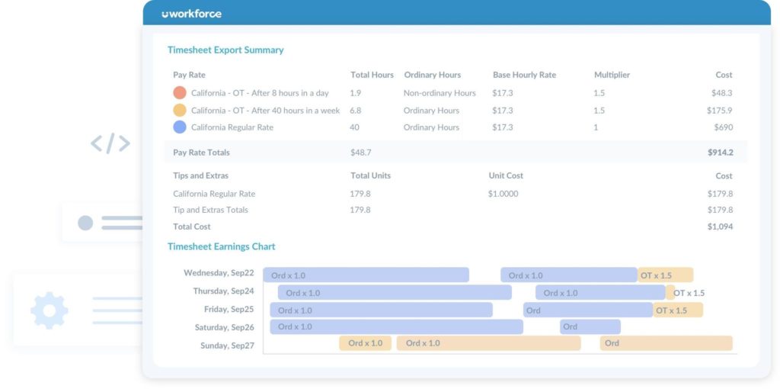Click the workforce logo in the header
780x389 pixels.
tap(191, 14)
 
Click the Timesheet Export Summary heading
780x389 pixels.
tap(225, 50)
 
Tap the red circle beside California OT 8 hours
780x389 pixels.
tap(180, 93)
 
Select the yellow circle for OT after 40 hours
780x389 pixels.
tap(180, 111)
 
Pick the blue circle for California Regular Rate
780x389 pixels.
tap(180, 127)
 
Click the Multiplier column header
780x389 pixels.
tap(612, 76)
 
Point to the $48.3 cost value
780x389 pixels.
tap(721, 93)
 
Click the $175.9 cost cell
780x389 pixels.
tap(719, 111)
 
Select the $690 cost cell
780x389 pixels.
tap(722, 127)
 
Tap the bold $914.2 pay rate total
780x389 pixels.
tap(720, 153)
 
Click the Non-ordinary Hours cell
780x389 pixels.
tap(440, 93)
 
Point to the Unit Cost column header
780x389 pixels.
tap(506, 175)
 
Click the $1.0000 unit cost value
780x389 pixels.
tap(503, 194)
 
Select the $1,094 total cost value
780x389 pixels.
tap(720, 227)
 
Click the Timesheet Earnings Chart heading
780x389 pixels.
tap(221, 247)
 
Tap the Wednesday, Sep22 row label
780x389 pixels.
tap(219, 273)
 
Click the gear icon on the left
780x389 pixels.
tap(50, 310)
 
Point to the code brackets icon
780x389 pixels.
tap(110, 143)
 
